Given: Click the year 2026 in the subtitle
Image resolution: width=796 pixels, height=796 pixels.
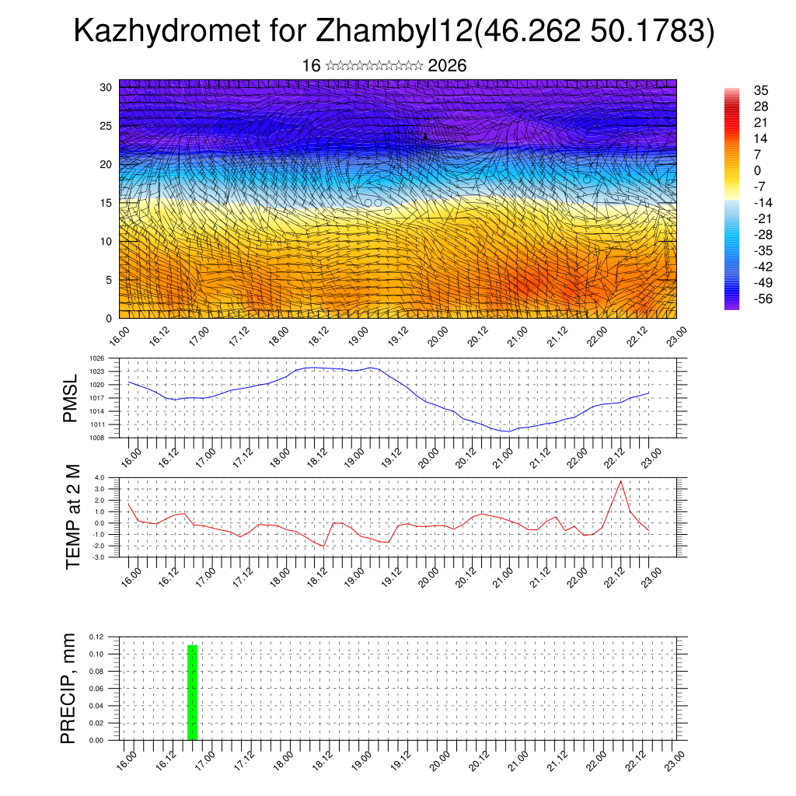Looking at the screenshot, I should click(447, 66).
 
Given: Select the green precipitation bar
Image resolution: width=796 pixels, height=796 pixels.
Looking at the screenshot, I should click(192, 693).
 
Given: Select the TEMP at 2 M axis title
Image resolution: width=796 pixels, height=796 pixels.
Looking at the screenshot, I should click(73, 517).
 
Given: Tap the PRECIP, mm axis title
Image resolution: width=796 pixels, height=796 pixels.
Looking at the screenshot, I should click(70, 688).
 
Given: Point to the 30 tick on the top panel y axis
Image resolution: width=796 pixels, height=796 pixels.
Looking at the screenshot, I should click(105, 87).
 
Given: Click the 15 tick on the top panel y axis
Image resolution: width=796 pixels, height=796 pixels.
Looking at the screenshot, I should click(105, 203).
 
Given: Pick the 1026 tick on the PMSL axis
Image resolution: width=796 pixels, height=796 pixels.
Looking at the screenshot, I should click(96, 358).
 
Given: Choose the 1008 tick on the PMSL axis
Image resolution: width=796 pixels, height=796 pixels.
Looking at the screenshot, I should click(96, 438).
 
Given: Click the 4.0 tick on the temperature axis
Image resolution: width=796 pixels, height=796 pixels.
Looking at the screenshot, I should click(99, 478).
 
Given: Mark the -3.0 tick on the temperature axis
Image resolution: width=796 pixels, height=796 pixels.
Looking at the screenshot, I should click(98, 557).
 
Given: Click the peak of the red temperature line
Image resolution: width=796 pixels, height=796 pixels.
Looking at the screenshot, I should click(620, 481).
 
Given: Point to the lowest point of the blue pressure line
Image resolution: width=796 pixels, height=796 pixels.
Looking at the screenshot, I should click(507, 431).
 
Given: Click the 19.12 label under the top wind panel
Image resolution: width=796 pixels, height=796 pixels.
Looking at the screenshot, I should click(398, 337).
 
